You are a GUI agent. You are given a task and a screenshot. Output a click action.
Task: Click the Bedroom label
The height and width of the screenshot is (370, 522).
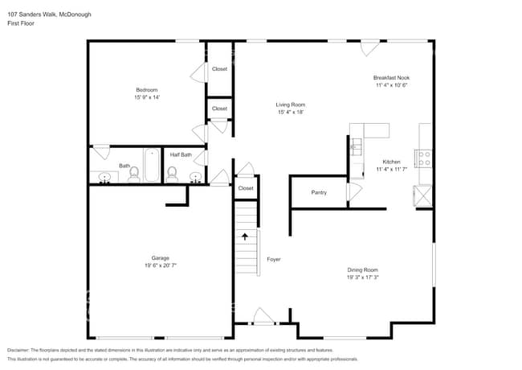tap(147, 89)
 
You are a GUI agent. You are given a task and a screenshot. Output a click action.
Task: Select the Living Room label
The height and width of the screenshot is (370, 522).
tap(291, 105)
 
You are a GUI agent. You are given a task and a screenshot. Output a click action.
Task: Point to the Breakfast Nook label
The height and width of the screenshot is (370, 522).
tap(391, 78)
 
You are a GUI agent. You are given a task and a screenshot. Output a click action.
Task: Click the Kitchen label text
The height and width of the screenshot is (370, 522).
tap(391, 162)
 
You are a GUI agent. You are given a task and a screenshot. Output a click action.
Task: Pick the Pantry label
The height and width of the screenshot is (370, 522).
tap(319, 192)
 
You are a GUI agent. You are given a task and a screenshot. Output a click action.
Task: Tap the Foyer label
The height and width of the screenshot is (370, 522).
tap(274, 259)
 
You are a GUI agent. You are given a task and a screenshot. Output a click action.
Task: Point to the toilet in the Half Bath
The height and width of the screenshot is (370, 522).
tap(172, 172)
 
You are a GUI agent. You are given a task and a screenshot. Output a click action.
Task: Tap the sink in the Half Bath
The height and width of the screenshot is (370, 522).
tap(195, 176)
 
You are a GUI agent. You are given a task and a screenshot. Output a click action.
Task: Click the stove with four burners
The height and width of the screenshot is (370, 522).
tap(422, 158)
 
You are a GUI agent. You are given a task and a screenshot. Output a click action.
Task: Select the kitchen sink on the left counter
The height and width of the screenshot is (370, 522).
tap(355, 146)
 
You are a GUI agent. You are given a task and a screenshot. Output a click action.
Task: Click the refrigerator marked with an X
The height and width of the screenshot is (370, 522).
tap(422, 195)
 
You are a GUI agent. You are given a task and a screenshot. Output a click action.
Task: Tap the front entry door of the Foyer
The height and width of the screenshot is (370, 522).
tap(263, 316)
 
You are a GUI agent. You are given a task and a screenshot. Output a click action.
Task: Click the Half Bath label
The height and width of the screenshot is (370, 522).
tap(181, 154)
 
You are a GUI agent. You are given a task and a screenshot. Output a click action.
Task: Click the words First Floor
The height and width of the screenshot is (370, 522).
tap(21, 23)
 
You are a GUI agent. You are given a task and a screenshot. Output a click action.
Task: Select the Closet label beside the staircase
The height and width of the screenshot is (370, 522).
tap(246, 188)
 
